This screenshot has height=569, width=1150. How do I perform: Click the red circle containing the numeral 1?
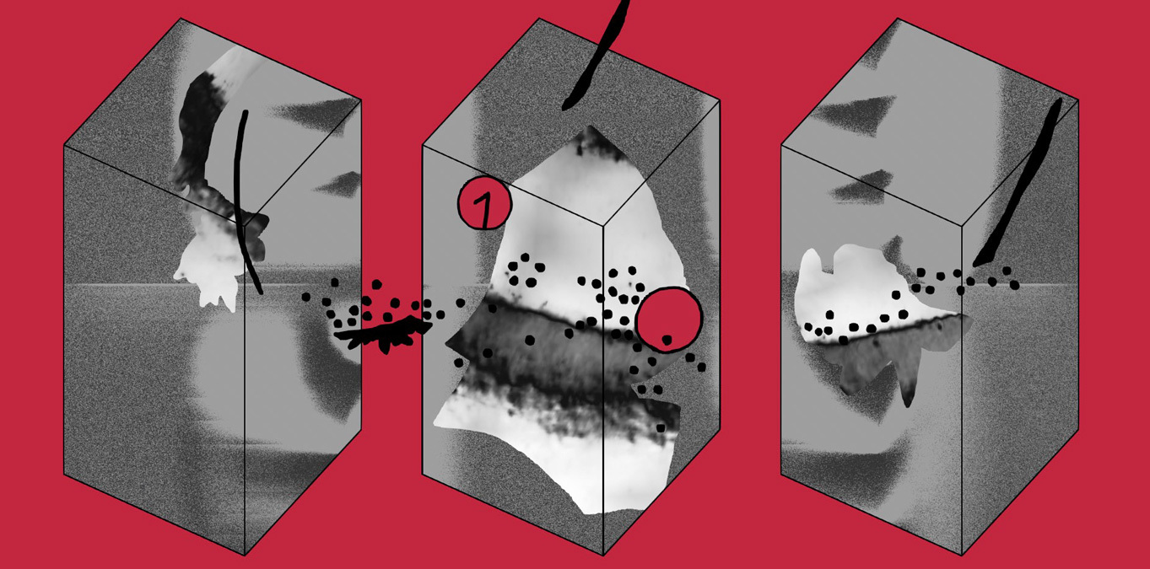pos(484,203)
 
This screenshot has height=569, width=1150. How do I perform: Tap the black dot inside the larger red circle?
pos(667,339)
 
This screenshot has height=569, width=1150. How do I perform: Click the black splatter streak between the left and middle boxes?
pos(382,334)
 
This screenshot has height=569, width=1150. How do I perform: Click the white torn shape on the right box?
pos(862,293)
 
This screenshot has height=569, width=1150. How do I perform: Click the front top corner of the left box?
pos(245,225)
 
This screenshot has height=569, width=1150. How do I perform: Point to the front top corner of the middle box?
pos(603,225)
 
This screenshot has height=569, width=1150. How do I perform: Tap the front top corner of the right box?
pos(962,225)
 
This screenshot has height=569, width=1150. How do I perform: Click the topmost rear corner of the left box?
pos(181,19)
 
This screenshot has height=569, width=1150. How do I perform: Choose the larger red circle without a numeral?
pos(668,320)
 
